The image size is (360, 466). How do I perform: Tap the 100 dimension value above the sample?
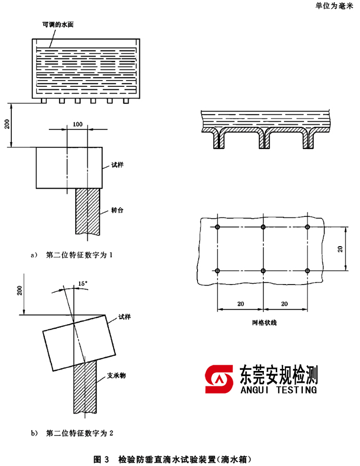coord(78,125)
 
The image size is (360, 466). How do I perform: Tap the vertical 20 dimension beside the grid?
coord(340,249)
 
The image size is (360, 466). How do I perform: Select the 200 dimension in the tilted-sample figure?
coord(20,290)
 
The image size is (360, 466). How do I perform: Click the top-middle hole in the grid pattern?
coord(263,227)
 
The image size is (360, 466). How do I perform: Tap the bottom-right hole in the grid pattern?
coord(308,271)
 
